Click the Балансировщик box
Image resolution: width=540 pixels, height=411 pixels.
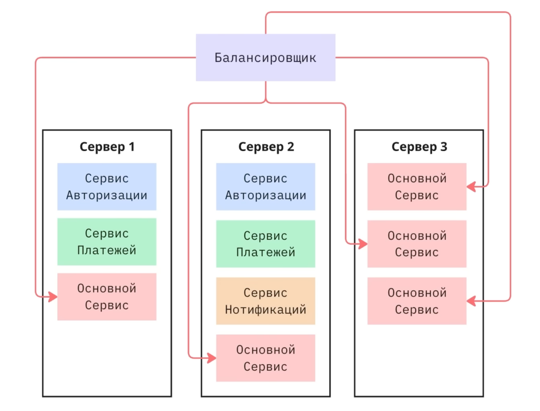266,57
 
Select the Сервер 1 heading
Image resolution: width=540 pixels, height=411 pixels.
107,147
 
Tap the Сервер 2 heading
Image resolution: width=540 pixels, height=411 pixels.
266,147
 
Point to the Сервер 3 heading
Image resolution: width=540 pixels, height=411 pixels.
419,147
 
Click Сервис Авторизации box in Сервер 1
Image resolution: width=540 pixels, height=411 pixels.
107,187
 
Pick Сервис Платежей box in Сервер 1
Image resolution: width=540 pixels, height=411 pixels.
107,242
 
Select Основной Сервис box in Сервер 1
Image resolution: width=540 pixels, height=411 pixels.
107,297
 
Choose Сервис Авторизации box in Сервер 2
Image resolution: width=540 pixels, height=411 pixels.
266,187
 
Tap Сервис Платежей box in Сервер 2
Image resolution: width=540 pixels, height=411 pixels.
266,244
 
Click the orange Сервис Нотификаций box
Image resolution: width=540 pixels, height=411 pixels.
266,301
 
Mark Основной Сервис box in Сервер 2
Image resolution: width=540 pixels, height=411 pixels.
266,358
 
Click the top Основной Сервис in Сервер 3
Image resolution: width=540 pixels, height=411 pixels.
417,187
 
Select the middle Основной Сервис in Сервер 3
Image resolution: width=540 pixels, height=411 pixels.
417,244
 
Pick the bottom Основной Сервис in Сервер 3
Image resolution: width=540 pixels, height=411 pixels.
417,301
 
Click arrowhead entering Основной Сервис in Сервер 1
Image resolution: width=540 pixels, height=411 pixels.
53,297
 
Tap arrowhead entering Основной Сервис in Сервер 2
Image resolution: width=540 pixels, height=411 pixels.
212,358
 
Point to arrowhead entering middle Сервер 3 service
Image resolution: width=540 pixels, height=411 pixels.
363,244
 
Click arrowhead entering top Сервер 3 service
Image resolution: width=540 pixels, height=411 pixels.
471,187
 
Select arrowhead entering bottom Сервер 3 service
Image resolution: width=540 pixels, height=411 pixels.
471,301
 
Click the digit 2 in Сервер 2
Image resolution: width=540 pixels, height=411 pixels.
290,147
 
